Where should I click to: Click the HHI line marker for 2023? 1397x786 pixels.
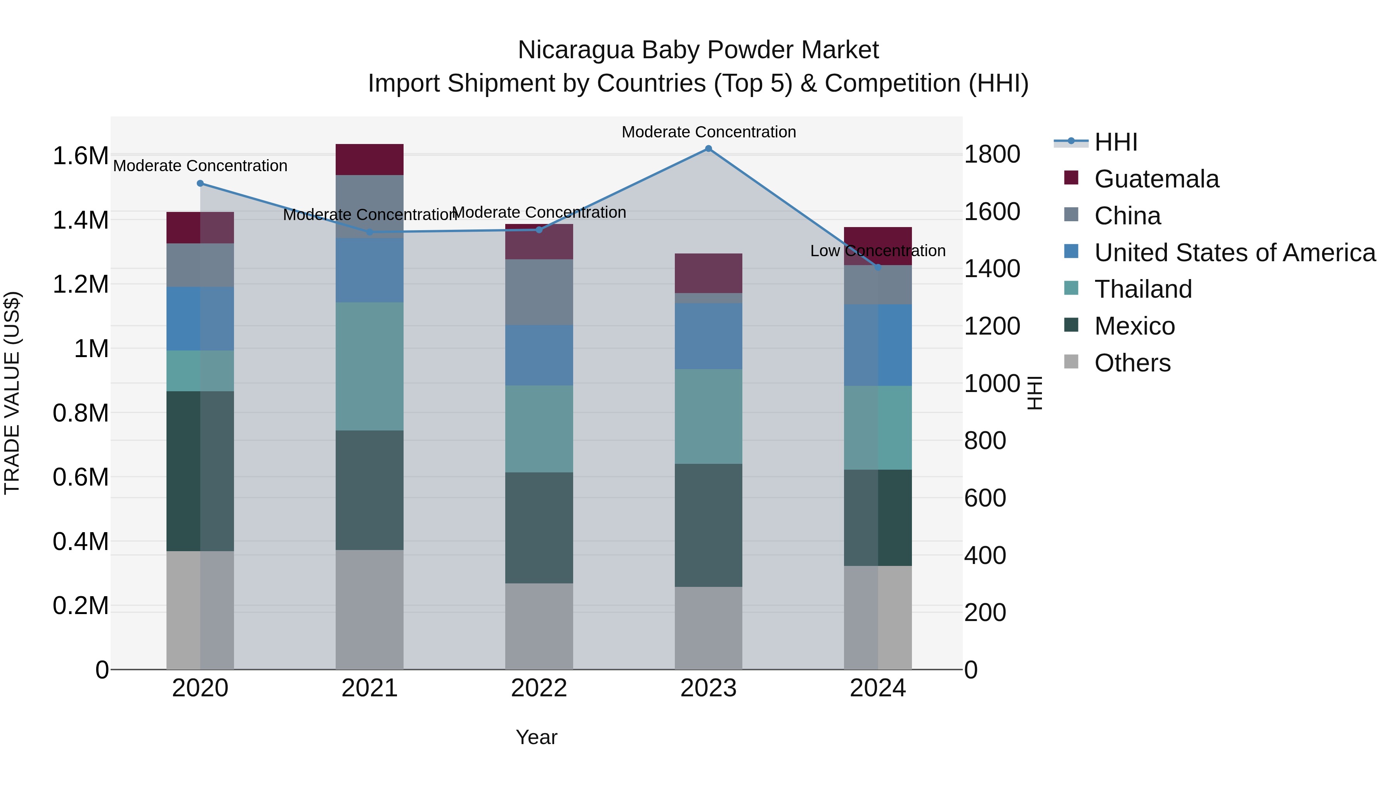(x=708, y=149)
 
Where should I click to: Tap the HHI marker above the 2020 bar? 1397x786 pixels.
(x=200, y=183)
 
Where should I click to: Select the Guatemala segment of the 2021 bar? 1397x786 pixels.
(x=369, y=160)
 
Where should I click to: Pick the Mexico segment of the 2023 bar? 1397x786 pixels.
(x=708, y=525)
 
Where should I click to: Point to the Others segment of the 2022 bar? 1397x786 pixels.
(x=539, y=626)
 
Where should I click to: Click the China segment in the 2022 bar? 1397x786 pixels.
(x=539, y=292)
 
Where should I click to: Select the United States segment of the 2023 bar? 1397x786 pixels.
(x=708, y=336)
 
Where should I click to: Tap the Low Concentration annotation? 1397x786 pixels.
(x=877, y=251)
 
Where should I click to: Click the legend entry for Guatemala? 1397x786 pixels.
(x=1156, y=179)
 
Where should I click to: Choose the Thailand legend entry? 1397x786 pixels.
(x=1143, y=289)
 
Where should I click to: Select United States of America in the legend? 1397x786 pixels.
(x=1234, y=253)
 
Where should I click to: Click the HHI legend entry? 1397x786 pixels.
(x=1116, y=142)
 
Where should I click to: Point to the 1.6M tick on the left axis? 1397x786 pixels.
(x=80, y=156)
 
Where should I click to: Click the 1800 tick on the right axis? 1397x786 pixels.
(x=992, y=154)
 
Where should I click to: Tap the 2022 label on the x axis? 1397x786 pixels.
(x=539, y=688)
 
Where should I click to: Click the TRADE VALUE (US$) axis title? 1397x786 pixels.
(x=12, y=393)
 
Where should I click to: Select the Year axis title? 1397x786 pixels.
(x=536, y=737)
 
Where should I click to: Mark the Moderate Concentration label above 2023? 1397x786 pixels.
(x=708, y=132)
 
